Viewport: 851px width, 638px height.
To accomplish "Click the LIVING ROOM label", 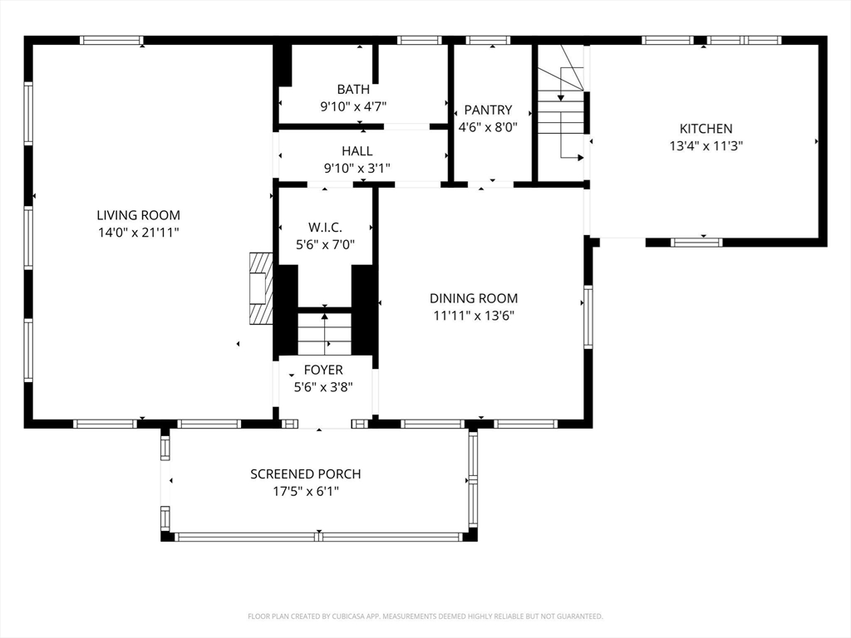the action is click(139, 215).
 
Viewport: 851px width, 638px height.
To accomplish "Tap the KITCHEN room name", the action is click(706, 129).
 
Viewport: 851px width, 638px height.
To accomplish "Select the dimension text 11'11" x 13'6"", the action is click(474, 316).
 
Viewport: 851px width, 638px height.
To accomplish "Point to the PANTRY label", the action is click(488, 110).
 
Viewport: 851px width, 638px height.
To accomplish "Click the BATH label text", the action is click(353, 89).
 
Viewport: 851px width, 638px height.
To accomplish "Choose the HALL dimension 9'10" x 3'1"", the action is click(357, 168).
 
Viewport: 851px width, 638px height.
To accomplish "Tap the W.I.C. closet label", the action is click(325, 228).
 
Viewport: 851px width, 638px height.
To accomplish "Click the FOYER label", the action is click(323, 370).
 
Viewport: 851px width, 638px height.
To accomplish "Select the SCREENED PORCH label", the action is click(306, 474).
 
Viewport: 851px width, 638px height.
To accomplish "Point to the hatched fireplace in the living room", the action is click(261, 288).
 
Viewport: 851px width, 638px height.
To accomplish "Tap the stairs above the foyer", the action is click(325, 334).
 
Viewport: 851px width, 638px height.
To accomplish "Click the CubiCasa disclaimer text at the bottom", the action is click(425, 616).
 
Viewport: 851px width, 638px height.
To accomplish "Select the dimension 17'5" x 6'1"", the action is click(306, 492).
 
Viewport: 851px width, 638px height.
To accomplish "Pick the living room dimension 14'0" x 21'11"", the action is click(139, 233).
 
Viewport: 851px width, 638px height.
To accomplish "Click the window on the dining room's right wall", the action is click(588, 317).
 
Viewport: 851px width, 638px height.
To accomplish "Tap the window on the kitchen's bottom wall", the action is click(696, 243).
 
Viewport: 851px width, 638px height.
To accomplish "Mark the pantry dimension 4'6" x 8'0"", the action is click(488, 127).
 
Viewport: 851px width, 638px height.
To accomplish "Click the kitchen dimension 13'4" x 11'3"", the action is click(706, 146).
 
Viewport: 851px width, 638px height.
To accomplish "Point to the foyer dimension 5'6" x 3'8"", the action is click(323, 387).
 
